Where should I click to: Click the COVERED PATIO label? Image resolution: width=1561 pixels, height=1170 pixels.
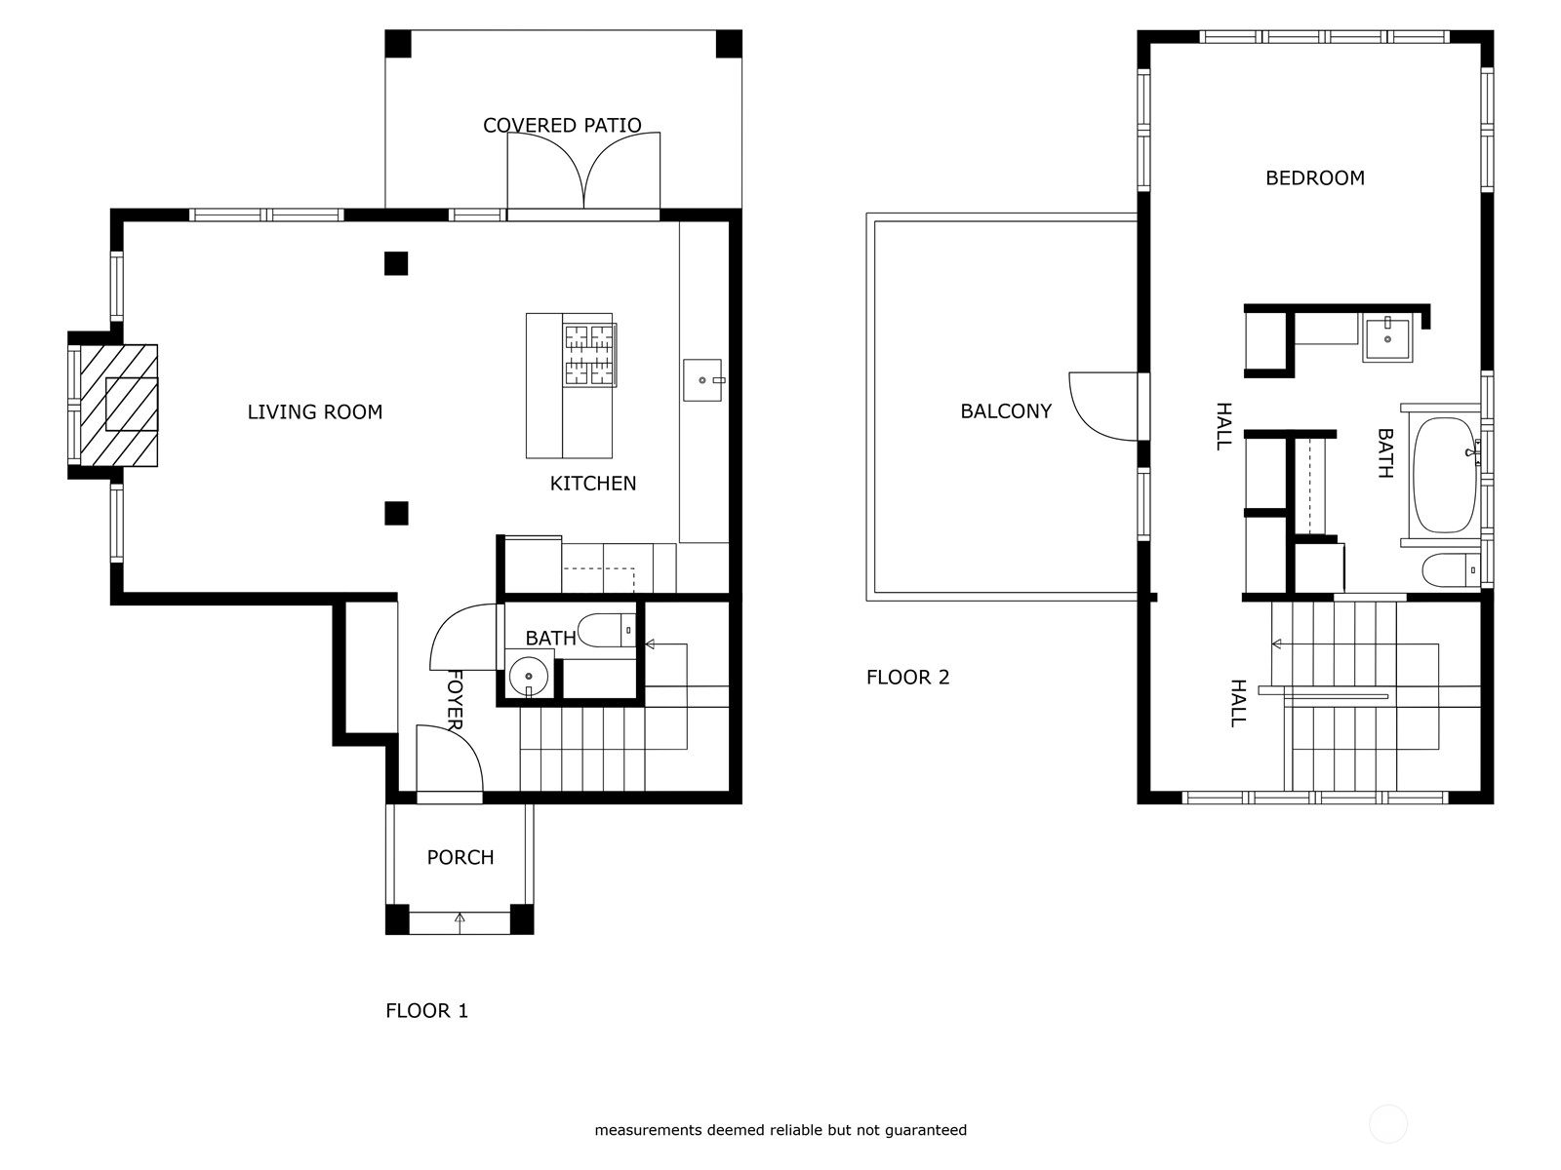pos(562,125)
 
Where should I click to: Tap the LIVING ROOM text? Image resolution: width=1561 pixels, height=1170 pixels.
pos(314,411)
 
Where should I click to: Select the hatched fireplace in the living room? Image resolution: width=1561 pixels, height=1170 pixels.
pos(118,405)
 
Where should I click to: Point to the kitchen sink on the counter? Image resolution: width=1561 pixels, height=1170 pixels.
pos(702,379)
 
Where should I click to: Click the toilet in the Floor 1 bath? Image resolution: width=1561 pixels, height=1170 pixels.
pos(605,631)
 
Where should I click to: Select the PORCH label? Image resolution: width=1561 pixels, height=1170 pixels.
pos(460,857)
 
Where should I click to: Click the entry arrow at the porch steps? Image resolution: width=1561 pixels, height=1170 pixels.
pos(460,918)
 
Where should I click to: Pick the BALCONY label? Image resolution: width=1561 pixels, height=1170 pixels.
pos(1006,411)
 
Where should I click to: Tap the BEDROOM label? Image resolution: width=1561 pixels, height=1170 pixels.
pos(1314,177)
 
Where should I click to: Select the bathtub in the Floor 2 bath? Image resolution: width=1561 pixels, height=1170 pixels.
pos(1445,475)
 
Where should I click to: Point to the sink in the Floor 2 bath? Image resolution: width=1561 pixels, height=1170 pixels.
pos(1387,338)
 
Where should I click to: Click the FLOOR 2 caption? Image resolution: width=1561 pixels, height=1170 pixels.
pos(907,677)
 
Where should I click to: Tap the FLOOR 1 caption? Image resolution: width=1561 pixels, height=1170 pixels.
pos(426,1010)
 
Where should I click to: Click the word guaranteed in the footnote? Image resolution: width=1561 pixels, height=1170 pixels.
pos(926,1130)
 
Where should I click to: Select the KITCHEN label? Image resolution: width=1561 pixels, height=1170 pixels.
pos(592,483)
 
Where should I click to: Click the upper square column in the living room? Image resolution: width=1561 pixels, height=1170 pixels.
pos(395,263)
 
